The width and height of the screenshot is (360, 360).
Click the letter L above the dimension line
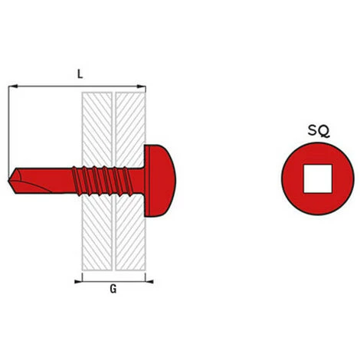(80, 74)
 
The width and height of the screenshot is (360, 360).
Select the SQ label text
(320, 131)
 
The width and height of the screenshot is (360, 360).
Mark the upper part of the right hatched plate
(128, 123)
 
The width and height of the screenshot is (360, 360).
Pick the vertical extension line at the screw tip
(8, 130)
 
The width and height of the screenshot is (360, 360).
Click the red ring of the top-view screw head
(292, 179)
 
